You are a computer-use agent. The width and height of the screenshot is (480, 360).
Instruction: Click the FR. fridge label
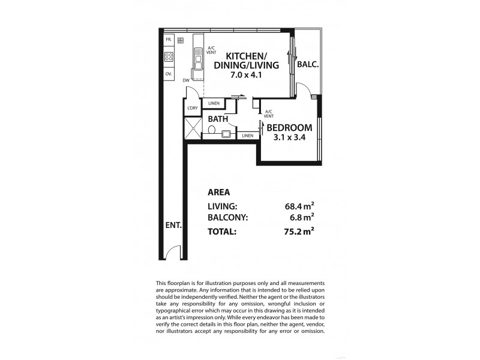point(169,40)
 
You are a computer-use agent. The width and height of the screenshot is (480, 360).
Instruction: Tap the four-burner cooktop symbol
point(169,58)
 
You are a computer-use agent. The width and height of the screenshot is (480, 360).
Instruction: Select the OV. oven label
point(169,74)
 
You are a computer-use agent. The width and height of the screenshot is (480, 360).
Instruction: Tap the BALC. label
point(308,64)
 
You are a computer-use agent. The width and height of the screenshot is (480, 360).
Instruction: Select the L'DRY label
point(192,108)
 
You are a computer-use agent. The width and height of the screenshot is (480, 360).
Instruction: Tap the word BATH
point(218,119)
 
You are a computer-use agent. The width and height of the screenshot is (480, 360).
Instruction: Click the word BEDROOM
point(289,128)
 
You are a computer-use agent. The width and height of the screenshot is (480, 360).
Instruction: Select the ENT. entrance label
point(173,226)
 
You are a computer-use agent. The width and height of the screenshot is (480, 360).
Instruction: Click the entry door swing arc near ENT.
point(173,253)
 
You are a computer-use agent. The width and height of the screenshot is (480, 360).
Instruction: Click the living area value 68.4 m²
point(301,207)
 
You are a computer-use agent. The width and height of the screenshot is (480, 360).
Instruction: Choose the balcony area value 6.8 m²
point(302,218)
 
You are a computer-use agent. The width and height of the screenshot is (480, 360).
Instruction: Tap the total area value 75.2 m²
point(301,230)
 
